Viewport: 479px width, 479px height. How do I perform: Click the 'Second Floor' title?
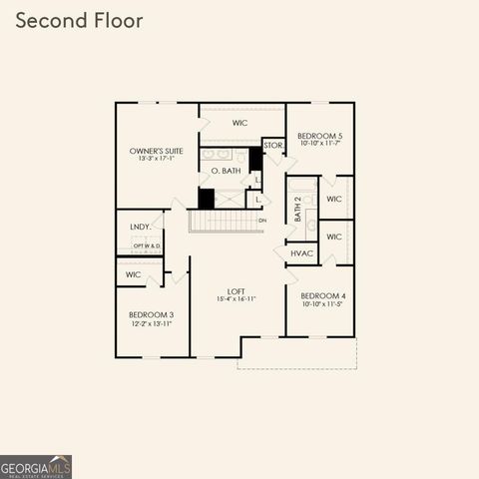79,20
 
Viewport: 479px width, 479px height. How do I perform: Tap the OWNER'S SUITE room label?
155,151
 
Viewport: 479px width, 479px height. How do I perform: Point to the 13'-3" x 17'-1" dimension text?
155,159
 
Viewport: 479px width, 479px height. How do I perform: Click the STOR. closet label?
273,146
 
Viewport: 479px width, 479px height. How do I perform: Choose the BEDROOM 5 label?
320,135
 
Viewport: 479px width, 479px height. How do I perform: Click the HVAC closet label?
302,253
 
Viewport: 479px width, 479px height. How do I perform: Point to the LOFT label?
237,290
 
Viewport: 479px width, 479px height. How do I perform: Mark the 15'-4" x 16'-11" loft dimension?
237,298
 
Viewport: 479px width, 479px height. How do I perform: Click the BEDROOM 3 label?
152,314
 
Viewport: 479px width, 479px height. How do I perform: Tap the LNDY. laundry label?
140,227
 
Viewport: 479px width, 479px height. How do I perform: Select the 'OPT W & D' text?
146,245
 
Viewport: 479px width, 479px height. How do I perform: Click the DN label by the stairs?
262,221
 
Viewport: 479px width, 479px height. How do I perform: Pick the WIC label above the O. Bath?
239,123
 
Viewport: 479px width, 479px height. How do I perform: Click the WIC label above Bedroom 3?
133,273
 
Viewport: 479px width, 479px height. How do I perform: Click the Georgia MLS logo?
36,466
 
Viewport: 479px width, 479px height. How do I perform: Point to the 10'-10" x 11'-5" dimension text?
320,303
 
